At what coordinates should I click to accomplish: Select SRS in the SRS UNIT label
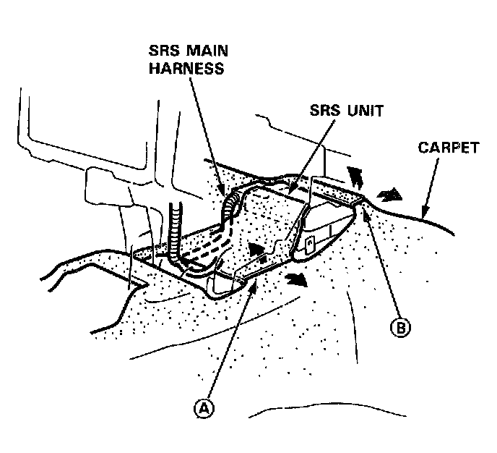click(325, 111)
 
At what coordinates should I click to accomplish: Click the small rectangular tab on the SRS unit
click(309, 244)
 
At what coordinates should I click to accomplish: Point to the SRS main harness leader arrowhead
click(224, 197)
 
